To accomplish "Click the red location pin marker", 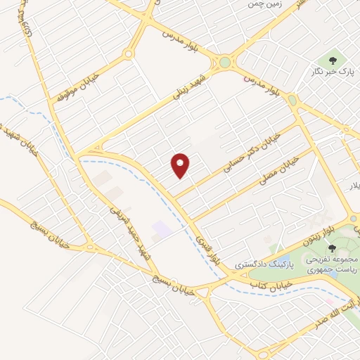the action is coord(181,166).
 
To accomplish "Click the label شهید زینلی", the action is coord(191,87).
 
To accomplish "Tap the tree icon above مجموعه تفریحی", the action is coord(332,247).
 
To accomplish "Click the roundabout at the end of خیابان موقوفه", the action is coord(129,55).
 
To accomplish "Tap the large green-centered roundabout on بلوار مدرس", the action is coord(224,62).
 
